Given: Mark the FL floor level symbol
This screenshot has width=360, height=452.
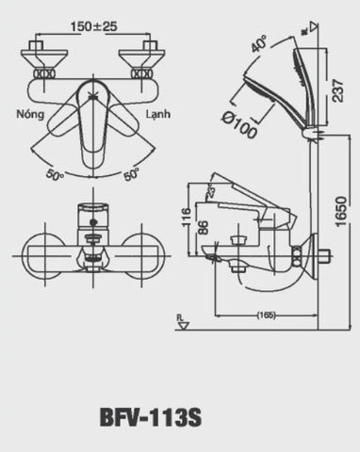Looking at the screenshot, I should tap(182, 325).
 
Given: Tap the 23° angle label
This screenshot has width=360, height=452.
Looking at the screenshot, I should tap(212, 191).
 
